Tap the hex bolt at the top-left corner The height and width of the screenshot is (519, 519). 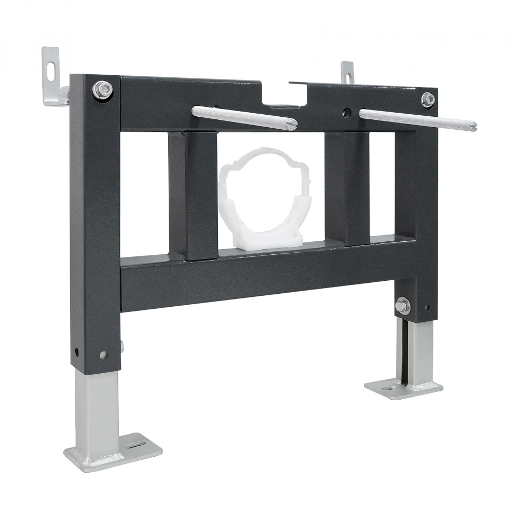click(102, 90)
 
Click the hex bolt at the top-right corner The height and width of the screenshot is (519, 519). click(428, 100)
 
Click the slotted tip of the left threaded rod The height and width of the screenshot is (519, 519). click(293, 125)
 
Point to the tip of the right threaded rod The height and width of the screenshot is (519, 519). click(473, 127)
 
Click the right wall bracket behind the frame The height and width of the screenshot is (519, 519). click(347, 72)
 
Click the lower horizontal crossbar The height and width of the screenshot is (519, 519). click(259, 280)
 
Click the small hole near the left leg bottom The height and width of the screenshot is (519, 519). click(77, 352)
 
